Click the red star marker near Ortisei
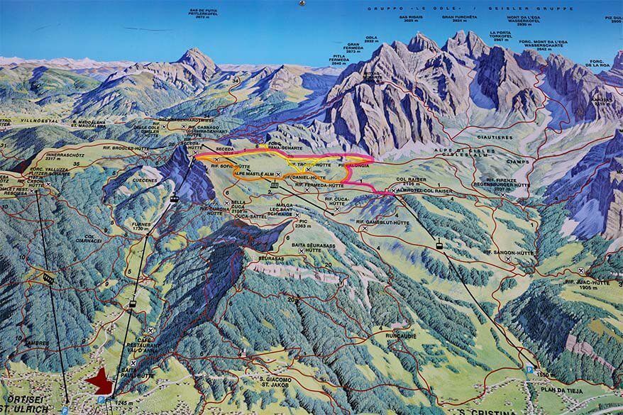tap(100, 382)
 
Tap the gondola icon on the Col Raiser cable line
tap(439, 246)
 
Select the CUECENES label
tap(145, 179)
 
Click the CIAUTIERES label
tap(495, 136)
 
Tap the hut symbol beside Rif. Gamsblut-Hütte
tap(363, 228)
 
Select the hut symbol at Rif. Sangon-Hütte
tap(508, 260)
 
